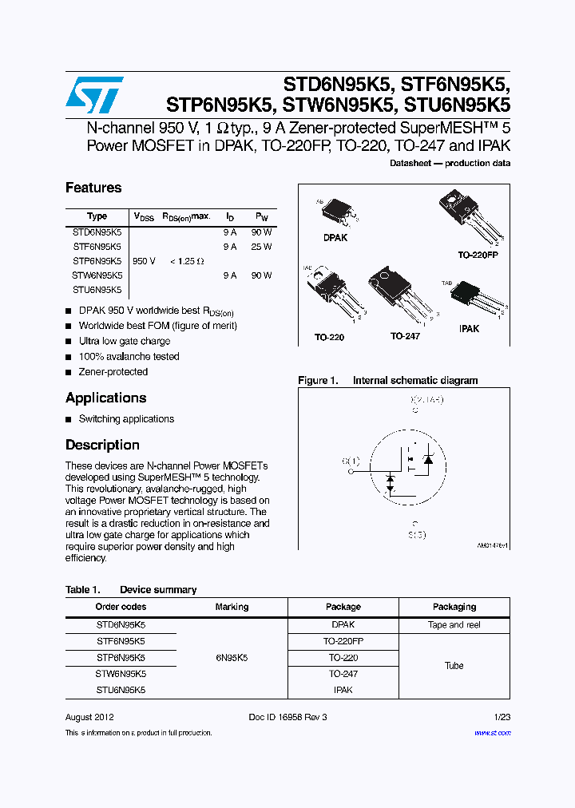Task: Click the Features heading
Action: [x=93, y=188]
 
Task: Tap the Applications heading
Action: [x=105, y=398]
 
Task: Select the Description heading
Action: [x=102, y=445]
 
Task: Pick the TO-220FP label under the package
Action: [x=478, y=254]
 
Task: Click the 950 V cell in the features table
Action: [x=144, y=261]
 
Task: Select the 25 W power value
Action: [x=261, y=247]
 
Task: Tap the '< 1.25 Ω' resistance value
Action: [x=187, y=261]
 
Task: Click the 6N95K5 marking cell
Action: [x=232, y=658]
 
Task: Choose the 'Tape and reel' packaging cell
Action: [x=454, y=625]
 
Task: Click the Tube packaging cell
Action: [x=454, y=665]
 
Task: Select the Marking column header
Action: [x=232, y=607]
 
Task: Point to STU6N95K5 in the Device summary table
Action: [x=121, y=690]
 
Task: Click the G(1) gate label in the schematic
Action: [x=351, y=461]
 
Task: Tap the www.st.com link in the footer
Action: [x=492, y=733]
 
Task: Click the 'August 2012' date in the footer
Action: [x=89, y=717]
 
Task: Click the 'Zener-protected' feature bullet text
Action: [x=113, y=372]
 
